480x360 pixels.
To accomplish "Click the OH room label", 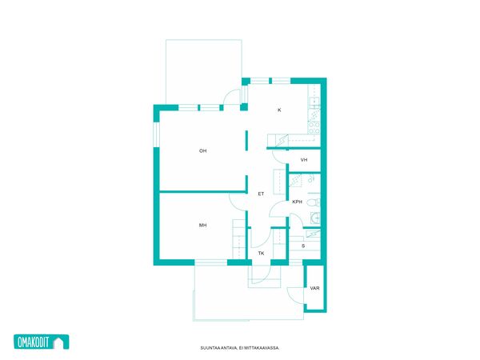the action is (202, 150).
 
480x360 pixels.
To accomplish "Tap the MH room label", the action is (202, 225).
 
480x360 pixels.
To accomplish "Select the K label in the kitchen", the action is (279, 110).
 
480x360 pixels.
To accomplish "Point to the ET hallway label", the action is (261, 194).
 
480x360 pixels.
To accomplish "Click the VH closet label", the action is (304, 160).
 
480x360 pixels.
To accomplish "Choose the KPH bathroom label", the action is (297, 202).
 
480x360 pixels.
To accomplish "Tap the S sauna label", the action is (303, 246).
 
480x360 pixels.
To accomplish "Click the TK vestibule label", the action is (261, 253).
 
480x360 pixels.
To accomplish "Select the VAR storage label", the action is (314, 288).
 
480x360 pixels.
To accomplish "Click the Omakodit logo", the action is (42, 342).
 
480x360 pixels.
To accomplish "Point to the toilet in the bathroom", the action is (313, 202).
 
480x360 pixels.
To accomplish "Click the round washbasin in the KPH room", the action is (316, 218).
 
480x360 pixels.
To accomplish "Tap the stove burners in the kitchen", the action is (314, 127).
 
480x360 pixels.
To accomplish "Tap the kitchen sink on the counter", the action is (314, 101).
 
